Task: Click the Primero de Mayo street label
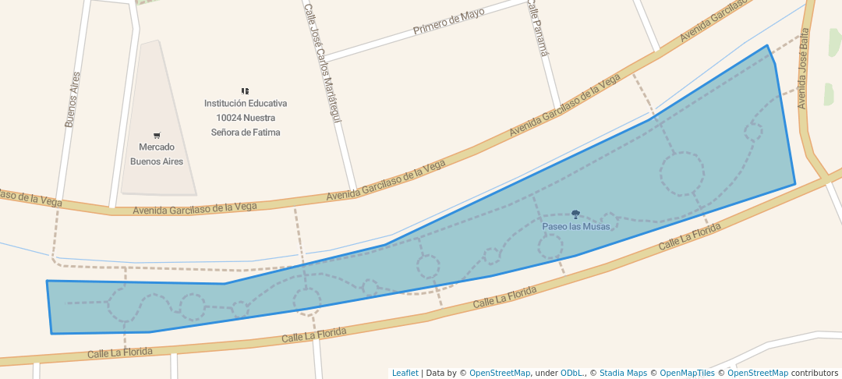click(448, 23)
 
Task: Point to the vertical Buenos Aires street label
click(73, 99)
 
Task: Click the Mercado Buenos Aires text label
click(156, 154)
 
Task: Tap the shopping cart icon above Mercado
click(156, 136)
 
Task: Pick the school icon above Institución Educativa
click(245, 91)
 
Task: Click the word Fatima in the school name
click(265, 133)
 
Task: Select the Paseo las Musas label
click(575, 227)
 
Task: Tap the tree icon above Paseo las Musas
click(575, 214)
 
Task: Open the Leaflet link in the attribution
click(405, 373)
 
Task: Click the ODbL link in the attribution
click(571, 373)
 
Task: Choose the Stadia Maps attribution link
click(622, 373)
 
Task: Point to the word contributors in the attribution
click(814, 373)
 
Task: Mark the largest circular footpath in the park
click(682, 172)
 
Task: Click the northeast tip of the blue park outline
click(767, 46)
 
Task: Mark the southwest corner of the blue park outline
click(51, 333)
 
